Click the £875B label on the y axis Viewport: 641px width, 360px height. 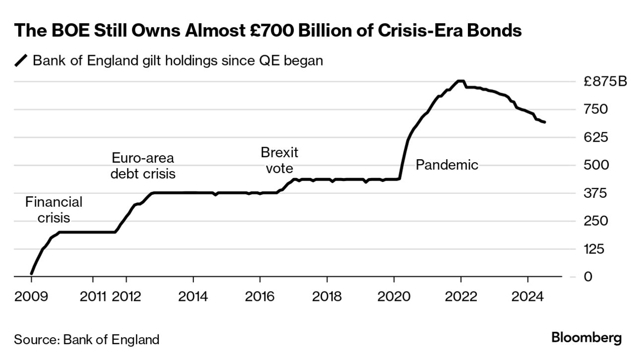605,81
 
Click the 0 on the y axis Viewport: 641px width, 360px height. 588,277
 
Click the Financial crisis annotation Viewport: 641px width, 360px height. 54,210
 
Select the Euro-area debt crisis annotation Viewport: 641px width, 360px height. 143,166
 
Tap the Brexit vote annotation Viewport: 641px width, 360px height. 279,160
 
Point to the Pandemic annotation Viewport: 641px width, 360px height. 447,165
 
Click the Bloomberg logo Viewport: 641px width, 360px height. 586,339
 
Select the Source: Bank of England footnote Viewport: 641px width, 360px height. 87,340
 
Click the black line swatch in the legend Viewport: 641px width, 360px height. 21,61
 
